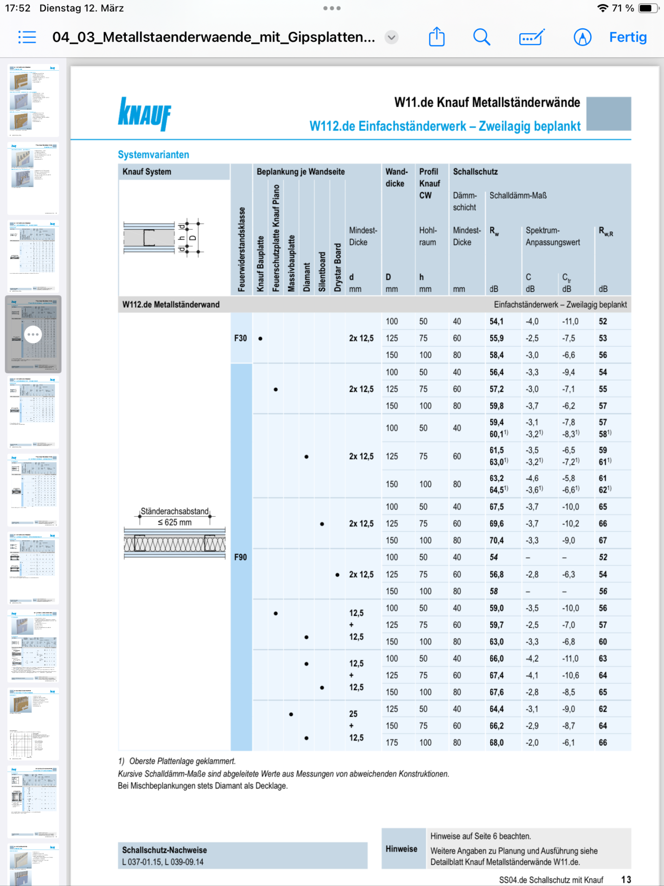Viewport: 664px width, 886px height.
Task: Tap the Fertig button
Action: click(x=628, y=37)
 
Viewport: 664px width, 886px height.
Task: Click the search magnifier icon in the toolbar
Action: click(x=481, y=37)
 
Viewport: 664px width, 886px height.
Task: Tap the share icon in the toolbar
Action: click(x=437, y=37)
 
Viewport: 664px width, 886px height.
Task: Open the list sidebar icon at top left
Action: click(x=27, y=37)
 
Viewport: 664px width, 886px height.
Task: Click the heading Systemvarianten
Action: click(x=154, y=155)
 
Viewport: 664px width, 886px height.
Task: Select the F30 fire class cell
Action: click(x=241, y=338)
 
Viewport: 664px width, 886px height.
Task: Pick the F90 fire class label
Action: click(x=241, y=557)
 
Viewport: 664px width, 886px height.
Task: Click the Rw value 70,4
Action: click(x=497, y=540)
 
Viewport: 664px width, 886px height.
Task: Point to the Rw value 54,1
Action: click(x=497, y=322)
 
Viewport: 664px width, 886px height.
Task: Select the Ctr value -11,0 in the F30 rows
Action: click(x=570, y=322)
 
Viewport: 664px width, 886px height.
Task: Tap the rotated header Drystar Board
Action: click(x=338, y=268)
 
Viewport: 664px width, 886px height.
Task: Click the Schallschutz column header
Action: click(x=475, y=172)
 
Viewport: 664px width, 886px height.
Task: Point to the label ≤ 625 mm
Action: click(x=175, y=522)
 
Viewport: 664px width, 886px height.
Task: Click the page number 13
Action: click(x=626, y=880)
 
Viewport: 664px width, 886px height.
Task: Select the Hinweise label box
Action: click(x=402, y=849)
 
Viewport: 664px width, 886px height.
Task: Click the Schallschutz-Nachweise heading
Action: click(x=165, y=850)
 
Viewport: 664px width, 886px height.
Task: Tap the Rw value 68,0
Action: click(x=497, y=742)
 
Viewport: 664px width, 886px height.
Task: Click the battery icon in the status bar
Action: click(x=647, y=8)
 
